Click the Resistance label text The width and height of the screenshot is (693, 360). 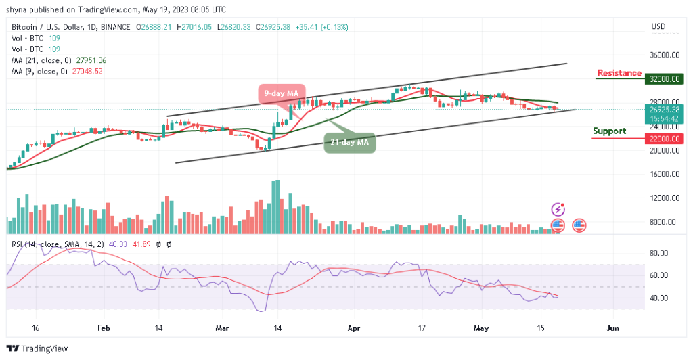619,73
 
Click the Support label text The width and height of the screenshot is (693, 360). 609,131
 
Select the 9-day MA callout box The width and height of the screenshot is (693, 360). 282,93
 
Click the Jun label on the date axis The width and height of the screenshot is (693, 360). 612,328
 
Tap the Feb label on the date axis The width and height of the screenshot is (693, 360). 104,328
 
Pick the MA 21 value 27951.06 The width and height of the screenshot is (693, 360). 87,60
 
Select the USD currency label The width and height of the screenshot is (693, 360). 658,27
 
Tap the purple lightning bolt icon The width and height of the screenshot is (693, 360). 558,210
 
